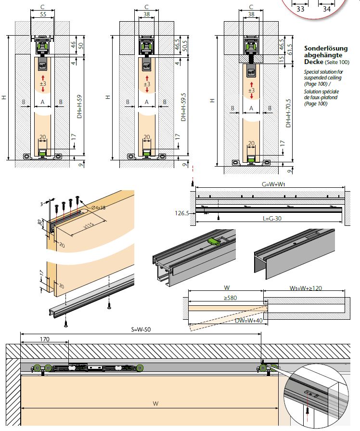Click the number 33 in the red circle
[x=301, y=8]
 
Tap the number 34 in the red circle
[x=327, y=8]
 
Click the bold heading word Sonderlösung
[x=324, y=48]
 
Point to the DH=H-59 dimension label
[x=79, y=108]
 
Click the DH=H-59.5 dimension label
[x=183, y=108]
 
